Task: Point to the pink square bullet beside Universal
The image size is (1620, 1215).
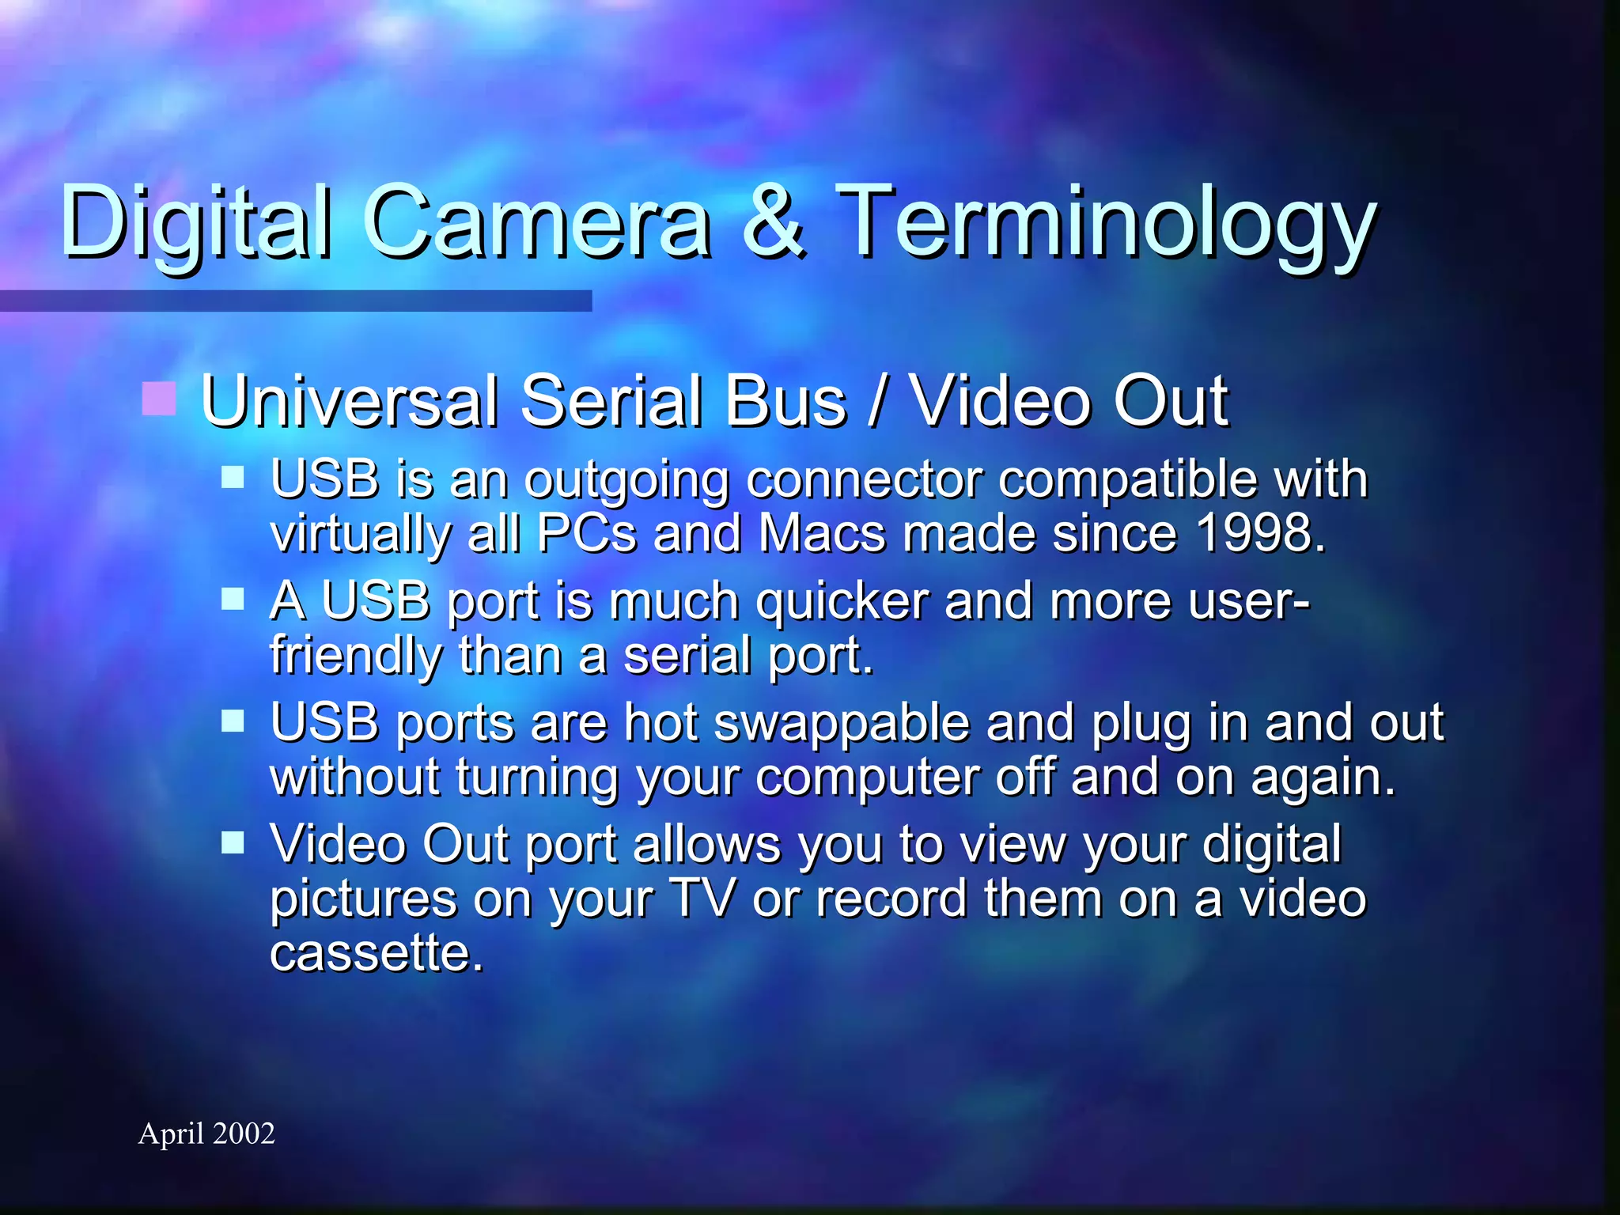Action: coord(158,398)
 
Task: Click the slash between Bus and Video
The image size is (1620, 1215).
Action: coord(876,402)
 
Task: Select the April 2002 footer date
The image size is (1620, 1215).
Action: coord(206,1134)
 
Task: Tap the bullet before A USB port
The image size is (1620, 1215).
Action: coord(233,599)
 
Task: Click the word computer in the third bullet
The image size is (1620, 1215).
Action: coord(867,778)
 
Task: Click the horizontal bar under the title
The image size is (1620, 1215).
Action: coord(296,301)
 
